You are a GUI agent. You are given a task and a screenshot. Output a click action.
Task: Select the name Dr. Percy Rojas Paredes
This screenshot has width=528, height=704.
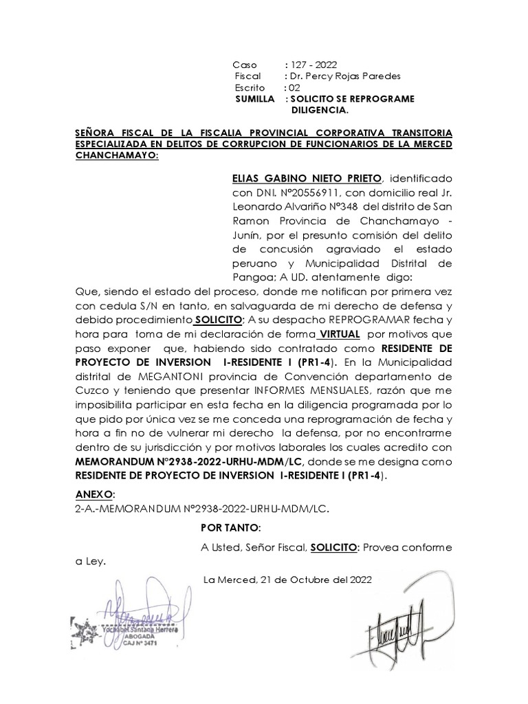pos(344,76)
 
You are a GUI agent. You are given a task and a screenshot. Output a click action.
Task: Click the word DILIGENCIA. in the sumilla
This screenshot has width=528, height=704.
pos(320,110)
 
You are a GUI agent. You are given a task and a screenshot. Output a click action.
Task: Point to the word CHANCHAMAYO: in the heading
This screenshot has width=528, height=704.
pos(116,155)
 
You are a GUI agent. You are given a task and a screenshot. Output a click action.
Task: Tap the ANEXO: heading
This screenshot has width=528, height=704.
pos(95,494)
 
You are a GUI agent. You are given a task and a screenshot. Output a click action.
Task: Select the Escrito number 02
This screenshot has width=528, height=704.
pos(295,87)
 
